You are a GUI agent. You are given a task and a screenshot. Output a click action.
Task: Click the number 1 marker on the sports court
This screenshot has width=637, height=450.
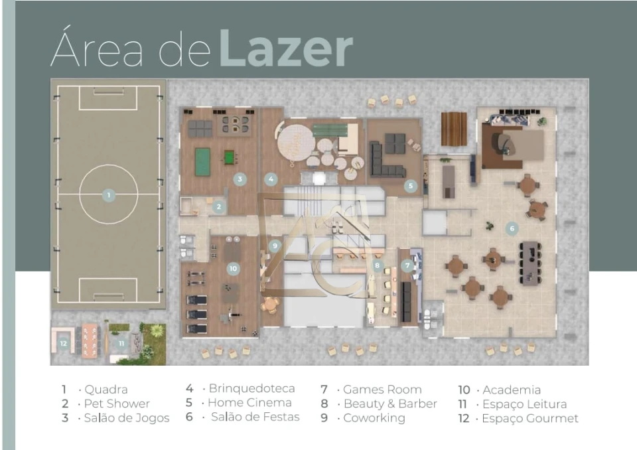point(108,195)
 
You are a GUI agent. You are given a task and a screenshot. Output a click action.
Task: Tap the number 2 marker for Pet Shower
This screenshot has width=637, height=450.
point(219,207)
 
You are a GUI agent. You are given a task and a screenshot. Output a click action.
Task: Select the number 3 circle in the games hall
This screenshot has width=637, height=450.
point(240,179)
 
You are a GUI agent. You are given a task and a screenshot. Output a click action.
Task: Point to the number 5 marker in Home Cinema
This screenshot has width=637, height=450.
point(411,186)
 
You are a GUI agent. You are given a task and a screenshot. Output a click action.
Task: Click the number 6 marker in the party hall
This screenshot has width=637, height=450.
point(512,228)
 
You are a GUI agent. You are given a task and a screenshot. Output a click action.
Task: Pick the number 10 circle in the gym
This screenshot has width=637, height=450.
point(233,268)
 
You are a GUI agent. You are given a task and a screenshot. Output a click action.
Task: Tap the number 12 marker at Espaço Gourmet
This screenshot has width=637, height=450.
point(64,344)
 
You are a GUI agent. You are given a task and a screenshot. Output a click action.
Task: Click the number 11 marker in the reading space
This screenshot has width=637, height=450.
point(121,344)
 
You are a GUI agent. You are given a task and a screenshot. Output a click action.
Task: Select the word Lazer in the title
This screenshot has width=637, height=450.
point(286,48)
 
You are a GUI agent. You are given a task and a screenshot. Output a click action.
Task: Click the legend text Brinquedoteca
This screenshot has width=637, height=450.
point(252,389)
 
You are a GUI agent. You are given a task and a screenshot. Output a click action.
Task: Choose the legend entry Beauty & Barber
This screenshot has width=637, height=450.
point(390,404)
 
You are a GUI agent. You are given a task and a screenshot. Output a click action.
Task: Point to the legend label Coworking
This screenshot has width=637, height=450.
point(374,418)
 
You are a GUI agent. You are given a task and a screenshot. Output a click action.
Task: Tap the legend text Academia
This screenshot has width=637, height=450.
point(512,390)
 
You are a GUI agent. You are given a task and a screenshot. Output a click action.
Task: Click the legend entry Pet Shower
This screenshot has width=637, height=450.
point(117,404)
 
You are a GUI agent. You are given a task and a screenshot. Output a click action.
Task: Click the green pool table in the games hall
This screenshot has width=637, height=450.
point(203,162)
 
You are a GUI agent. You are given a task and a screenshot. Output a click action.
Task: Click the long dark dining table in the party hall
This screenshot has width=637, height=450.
point(530,263)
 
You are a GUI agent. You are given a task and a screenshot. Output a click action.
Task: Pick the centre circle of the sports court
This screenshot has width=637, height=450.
point(108,194)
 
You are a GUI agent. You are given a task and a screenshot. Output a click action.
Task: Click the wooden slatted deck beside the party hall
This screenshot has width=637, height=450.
point(454,129)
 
